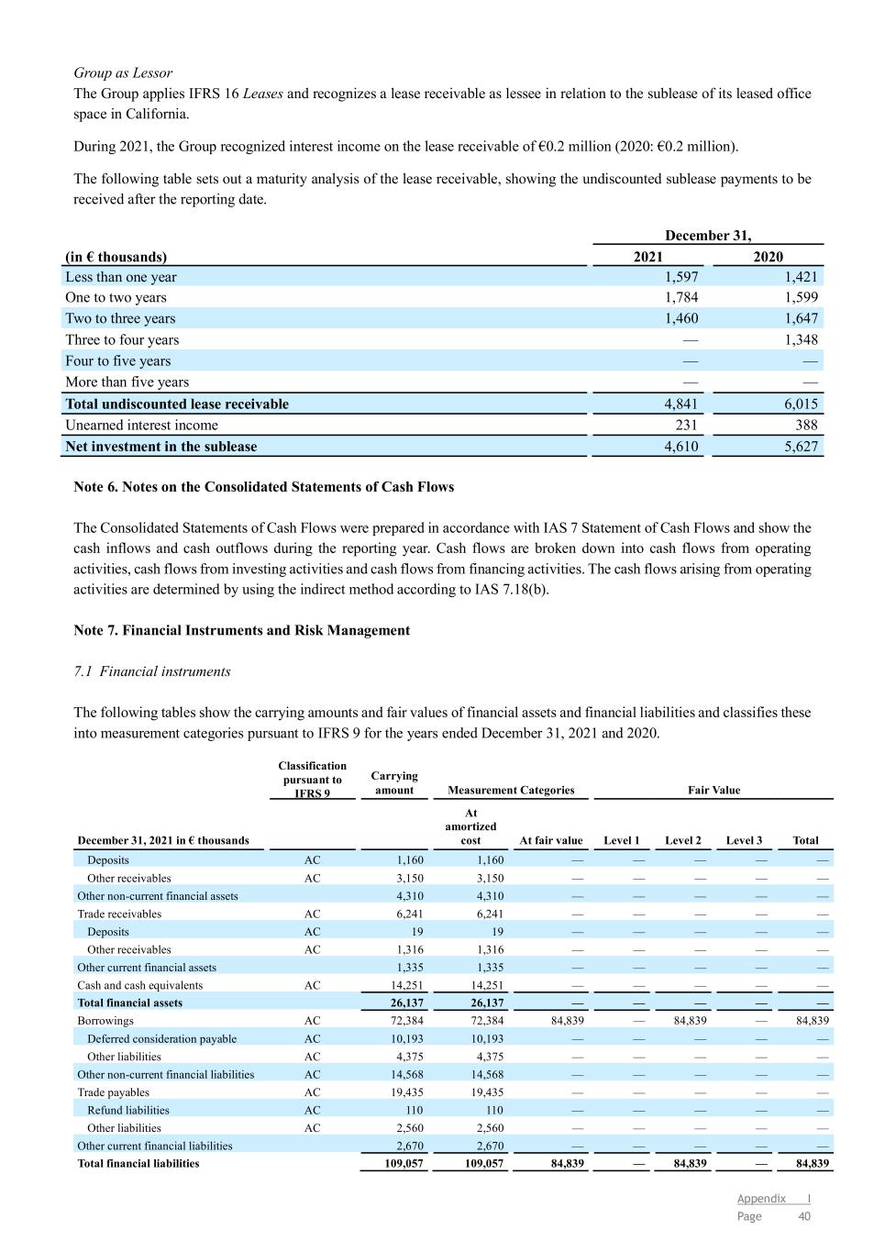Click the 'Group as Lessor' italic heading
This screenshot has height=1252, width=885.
(123, 72)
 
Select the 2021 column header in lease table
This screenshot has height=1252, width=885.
(647, 257)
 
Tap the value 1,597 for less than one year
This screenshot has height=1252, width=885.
(680, 277)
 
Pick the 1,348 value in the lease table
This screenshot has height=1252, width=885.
(801, 339)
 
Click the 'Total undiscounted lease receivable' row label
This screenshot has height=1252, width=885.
(177, 404)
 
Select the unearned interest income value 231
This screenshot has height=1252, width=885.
(685, 425)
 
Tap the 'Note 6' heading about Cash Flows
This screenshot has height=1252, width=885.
(263, 487)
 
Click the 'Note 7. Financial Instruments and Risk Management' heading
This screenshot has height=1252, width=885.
(241, 630)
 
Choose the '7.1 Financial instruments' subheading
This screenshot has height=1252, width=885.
(152, 671)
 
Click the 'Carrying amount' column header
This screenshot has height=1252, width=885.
(394, 782)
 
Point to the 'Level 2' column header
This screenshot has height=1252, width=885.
(683, 840)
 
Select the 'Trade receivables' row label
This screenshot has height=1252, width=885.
(119, 914)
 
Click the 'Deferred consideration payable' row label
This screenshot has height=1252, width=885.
(161, 1038)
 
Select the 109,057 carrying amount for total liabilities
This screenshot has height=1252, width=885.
(404, 1163)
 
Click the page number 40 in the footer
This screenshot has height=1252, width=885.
(804, 1216)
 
